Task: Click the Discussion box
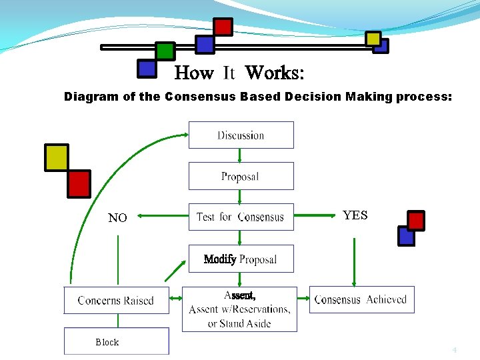241,135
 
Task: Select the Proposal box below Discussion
241,177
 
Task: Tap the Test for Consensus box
241,217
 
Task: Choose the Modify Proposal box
241,259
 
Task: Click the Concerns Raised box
116,300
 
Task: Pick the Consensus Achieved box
361,300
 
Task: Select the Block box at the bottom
116,342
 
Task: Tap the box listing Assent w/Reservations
239,309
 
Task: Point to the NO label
117,218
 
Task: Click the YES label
355,215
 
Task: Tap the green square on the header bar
165,51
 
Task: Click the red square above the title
223,27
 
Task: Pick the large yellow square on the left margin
57,157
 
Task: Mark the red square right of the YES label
416,220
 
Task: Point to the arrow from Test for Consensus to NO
163,215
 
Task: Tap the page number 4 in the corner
455,350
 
